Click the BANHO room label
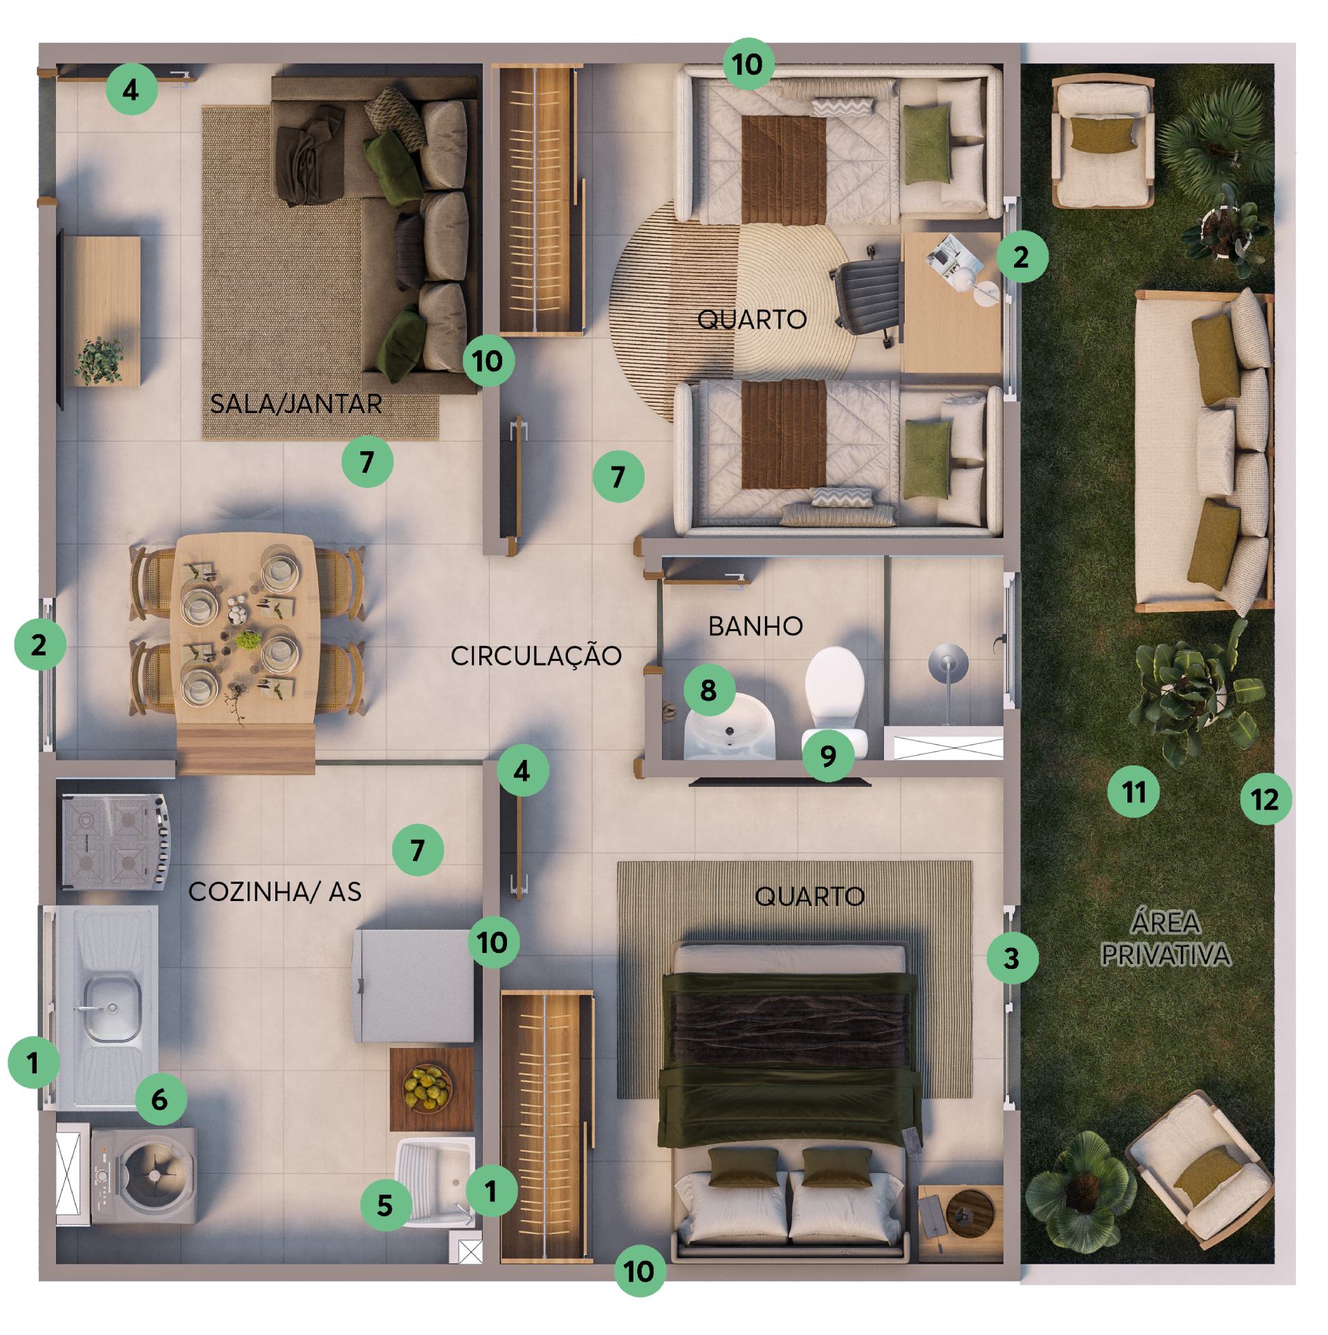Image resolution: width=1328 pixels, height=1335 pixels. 755,627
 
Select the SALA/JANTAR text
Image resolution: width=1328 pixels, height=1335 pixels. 296,404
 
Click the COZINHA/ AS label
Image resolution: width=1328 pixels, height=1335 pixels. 275,892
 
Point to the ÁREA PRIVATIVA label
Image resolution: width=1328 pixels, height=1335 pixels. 1165,939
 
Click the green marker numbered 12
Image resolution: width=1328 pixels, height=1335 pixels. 1265,799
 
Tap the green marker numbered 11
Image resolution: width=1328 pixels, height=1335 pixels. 1134,792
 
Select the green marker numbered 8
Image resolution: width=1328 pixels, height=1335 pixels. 709,690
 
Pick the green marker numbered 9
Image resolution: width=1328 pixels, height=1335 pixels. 828,756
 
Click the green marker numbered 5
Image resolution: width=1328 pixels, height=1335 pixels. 386,1206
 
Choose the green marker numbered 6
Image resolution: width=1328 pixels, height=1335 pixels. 160,1099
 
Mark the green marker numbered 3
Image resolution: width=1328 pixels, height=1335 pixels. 1012,959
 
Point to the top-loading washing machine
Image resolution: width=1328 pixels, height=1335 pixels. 145,1176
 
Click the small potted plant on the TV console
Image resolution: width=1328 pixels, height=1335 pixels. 99,360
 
